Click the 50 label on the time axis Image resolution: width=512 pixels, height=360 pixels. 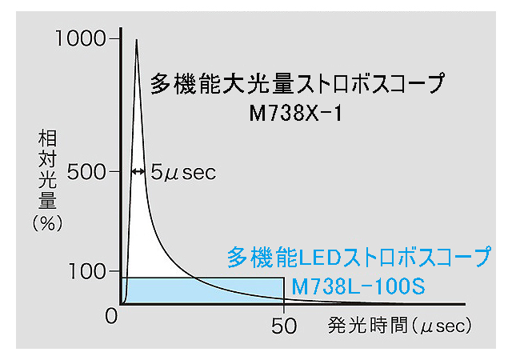(284, 326)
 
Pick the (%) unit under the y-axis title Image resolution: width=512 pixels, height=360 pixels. (46, 223)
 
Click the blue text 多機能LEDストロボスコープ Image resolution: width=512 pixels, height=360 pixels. (358, 258)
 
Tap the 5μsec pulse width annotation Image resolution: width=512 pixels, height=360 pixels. (183, 172)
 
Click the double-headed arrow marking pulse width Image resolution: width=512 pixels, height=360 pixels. (137, 171)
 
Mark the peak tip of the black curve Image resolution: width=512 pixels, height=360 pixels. (137, 40)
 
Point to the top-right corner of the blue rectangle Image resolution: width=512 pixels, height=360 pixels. (284, 278)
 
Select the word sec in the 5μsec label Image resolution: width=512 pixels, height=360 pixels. (199, 172)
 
